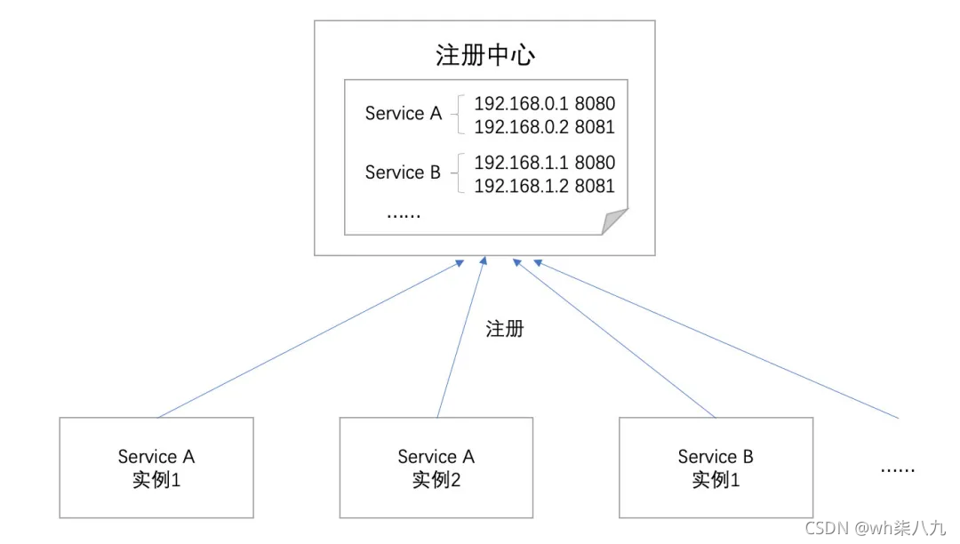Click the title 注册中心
click(x=484, y=55)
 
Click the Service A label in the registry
click(x=403, y=114)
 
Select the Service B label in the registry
click(x=403, y=172)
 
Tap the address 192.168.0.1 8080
click(x=544, y=104)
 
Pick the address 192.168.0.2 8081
click(x=544, y=127)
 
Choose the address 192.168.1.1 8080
click(x=544, y=163)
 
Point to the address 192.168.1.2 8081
click(x=544, y=187)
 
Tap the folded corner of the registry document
click(x=615, y=221)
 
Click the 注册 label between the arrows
click(x=505, y=329)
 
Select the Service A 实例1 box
click(x=156, y=468)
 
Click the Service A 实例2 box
click(x=436, y=468)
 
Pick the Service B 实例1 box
click(x=716, y=468)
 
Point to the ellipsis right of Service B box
click(x=897, y=468)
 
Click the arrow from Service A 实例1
click(x=307, y=339)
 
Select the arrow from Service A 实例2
click(x=460, y=339)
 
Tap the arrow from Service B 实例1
click(x=613, y=337)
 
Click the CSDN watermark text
click(x=875, y=528)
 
